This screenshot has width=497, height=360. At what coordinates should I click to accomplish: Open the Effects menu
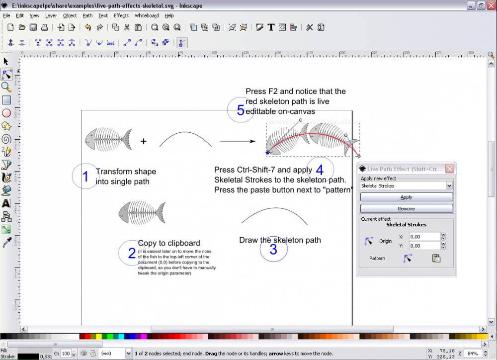121,15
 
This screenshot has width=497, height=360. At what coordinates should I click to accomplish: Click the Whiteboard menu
147,15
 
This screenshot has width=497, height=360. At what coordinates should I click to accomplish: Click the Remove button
406,208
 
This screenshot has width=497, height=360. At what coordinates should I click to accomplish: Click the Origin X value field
424,237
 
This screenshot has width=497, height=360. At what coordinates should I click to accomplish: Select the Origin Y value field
424,246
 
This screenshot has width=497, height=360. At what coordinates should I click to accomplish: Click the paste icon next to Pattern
436,258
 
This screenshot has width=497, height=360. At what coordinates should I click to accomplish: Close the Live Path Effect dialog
449,169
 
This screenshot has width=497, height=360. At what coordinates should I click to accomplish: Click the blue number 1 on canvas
85,177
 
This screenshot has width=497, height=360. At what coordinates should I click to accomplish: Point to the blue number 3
273,250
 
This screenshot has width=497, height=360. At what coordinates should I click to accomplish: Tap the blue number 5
241,110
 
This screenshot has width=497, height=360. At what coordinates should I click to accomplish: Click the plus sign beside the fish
144,142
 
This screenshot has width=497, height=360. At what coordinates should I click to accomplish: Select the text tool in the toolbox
6,203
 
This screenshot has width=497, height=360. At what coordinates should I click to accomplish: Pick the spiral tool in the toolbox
6,139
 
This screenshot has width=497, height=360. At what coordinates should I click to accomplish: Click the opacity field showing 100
65,354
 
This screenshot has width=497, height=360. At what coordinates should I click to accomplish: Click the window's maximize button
481,5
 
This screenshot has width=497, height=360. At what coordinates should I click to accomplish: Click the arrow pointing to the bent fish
238,142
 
